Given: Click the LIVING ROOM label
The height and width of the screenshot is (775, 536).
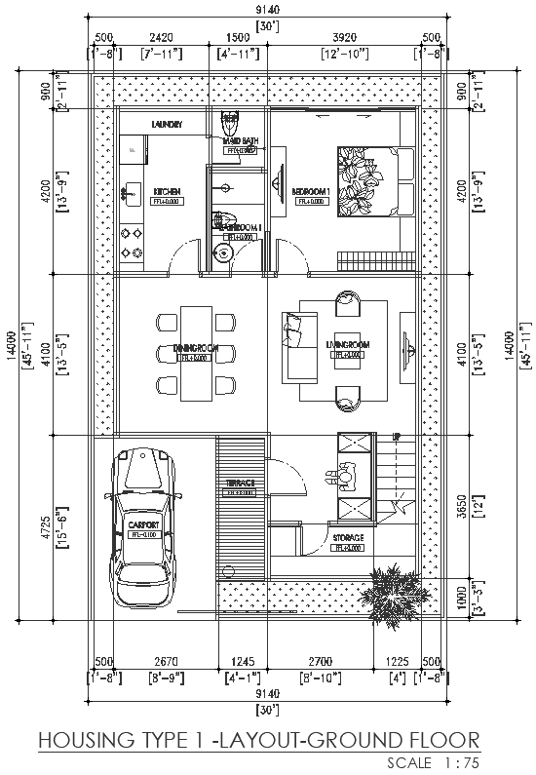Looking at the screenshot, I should pyautogui.click(x=348, y=345).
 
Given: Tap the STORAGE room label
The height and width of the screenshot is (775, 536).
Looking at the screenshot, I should pyautogui.click(x=348, y=537).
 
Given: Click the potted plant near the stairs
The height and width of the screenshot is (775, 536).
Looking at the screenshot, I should pyautogui.click(x=394, y=595).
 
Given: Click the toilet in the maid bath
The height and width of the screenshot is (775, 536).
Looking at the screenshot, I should pyautogui.click(x=231, y=126).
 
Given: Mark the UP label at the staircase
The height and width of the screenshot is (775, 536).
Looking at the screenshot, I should pyautogui.click(x=396, y=438).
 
